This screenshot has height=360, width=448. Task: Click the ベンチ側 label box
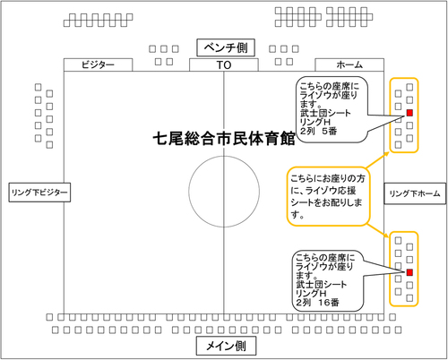tap(226, 47)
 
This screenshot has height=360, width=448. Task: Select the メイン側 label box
tap(226, 346)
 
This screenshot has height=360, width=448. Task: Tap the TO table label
tap(224, 64)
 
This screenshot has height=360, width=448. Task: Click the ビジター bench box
tap(98, 64)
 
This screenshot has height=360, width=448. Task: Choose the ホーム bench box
tap(349, 64)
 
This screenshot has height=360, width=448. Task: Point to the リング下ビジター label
tap(39, 193)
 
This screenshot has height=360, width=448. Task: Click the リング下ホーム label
tap(415, 193)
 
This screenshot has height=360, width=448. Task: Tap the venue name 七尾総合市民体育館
tap(224, 139)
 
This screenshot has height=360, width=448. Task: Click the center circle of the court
tap(189, 192)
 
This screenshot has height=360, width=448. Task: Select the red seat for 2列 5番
tap(409, 113)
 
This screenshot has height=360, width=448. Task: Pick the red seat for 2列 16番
tap(409, 272)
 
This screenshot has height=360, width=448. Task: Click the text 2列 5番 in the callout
tap(319, 131)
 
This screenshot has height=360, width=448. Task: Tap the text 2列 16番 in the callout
tap(317, 303)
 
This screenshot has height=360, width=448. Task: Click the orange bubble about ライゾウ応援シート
tap(328, 196)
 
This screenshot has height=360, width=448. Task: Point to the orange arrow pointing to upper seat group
tap(377, 159)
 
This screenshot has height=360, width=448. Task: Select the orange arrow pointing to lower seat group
tap(378, 230)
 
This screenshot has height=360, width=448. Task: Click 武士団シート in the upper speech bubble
tap(325, 113)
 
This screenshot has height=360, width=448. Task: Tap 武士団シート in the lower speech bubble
tap(321, 284)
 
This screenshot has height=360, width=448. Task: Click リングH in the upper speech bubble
tap(315, 122)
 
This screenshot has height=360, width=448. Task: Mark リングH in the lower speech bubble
tap(311, 293)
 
